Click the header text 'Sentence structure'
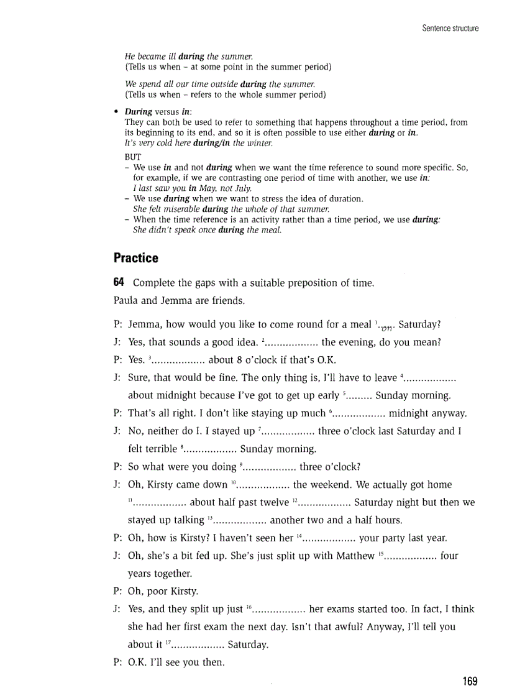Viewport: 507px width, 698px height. [x=450, y=29]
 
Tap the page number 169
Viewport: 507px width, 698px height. [x=470, y=681]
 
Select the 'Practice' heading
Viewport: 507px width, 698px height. [x=136, y=258]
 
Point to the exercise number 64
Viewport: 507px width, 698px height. [x=119, y=283]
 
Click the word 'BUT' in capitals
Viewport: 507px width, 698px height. [x=133, y=157]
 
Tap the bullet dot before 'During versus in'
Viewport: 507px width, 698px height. [x=116, y=112]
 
